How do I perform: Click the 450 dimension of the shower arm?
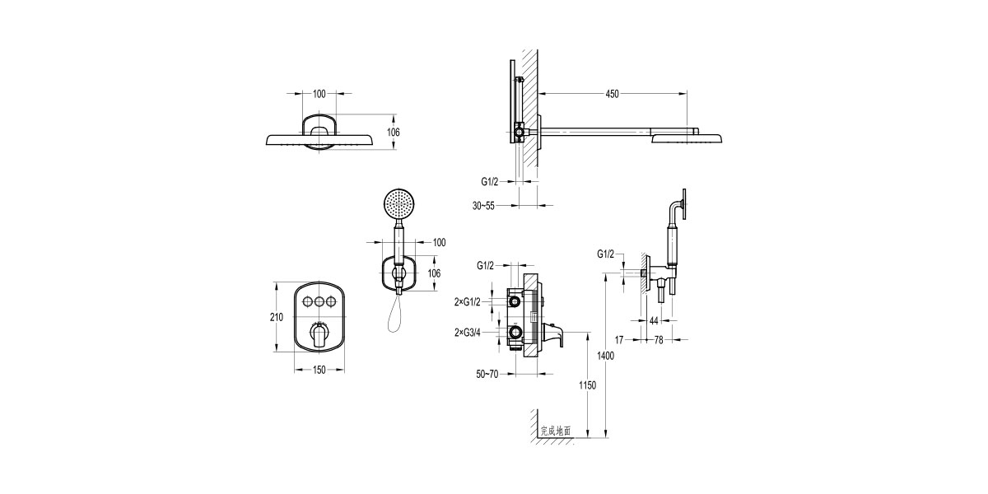coord(612,94)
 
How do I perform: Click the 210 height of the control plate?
coord(277,318)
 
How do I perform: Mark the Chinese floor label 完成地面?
coord(556,431)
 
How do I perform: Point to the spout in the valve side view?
coord(553,336)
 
